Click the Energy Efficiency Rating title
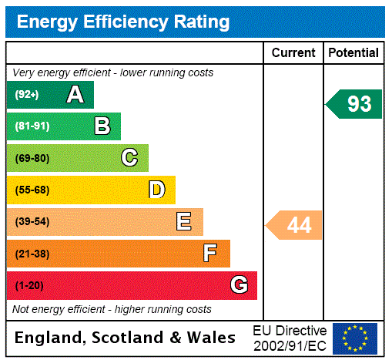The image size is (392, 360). click(123, 22)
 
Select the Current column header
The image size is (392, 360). click(293, 52)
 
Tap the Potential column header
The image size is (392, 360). click(353, 52)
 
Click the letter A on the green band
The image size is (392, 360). click(75, 95)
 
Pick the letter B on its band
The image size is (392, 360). click(102, 126)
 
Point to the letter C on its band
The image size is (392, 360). click(129, 158)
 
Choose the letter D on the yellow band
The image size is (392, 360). click(156, 190)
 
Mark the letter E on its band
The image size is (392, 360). click(184, 222)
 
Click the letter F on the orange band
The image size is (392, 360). click(210, 253)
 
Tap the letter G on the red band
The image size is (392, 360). click(239, 285)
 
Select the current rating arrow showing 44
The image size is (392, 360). click(294, 225)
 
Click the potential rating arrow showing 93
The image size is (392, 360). click(354, 104)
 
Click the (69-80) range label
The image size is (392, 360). click(32, 158)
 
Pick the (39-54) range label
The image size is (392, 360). click(32, 222)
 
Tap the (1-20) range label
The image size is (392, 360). click(29, 285)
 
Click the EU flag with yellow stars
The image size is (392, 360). click(355, 338)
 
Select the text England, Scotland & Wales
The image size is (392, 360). click(126, 338)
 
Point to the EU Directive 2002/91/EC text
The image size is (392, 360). click(290, 338)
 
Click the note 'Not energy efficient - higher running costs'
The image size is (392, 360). click(112, 309)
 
